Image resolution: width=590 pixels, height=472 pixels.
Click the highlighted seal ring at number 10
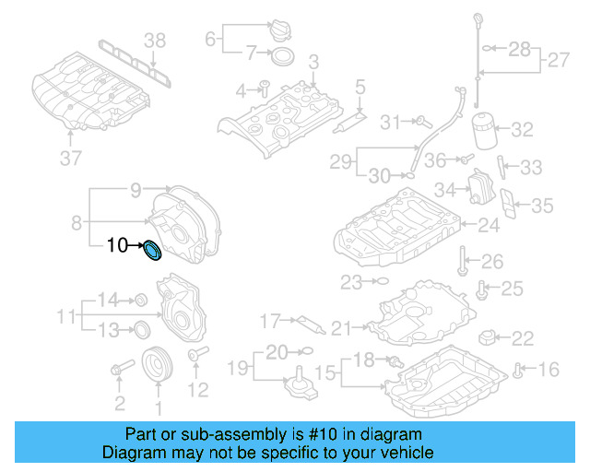[x=151, y=250]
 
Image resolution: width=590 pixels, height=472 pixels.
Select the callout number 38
[x=155, y=40]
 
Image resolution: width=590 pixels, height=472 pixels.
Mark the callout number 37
[x=71, y=159]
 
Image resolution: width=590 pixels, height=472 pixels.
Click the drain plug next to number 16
[x=520, y=371]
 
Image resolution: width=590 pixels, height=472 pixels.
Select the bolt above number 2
[x=118, y=371]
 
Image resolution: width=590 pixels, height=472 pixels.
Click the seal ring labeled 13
[x=142, y=329]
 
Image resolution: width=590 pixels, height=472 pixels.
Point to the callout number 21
[x=342, y=326]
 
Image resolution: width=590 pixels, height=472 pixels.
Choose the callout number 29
[x=341, y=162]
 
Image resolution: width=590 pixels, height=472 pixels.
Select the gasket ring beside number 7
[x=284, y=59]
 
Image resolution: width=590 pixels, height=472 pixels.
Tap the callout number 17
[x=269, y=322]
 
